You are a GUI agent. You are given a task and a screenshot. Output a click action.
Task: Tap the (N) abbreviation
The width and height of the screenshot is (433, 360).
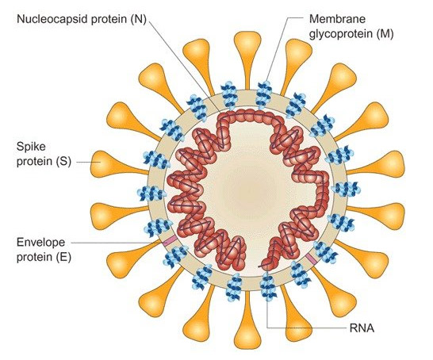[x=138, y=19]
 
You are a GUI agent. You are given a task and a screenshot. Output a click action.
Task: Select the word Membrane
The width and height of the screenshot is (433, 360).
[x=337, y=19]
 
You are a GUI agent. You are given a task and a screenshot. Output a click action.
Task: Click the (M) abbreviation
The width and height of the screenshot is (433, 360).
[x=385, y=34]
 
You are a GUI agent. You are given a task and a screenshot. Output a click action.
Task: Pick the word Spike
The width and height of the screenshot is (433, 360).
[x=31, y=147]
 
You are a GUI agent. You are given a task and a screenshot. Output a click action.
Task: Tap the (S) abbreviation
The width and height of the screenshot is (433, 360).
[x=63, y=161]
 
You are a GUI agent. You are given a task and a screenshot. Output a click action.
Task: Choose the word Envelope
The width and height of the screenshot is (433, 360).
[x=41, y=243]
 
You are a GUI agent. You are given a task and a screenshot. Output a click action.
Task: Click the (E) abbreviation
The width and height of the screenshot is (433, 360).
[x=63, y=257]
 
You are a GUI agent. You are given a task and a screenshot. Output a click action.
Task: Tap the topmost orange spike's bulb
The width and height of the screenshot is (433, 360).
[x=247, y=41]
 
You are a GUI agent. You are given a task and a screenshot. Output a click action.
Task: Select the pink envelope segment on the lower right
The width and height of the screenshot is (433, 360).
[x=312, y=259]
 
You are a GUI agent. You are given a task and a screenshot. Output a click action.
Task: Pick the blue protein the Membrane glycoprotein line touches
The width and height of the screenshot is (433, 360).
[x=264, y=94]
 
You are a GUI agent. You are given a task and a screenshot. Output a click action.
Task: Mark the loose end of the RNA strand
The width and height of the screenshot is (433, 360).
[x=259, y=266]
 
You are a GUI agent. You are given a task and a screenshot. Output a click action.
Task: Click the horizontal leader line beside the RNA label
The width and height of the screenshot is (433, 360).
[x=307, y=328]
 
